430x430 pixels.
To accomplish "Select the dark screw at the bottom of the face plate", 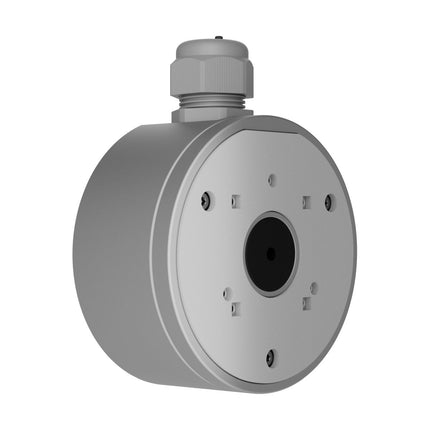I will coord(270,355).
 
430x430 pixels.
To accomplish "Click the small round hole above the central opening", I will coord(272,182).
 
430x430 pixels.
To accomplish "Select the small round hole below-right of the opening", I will coord(313,289).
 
